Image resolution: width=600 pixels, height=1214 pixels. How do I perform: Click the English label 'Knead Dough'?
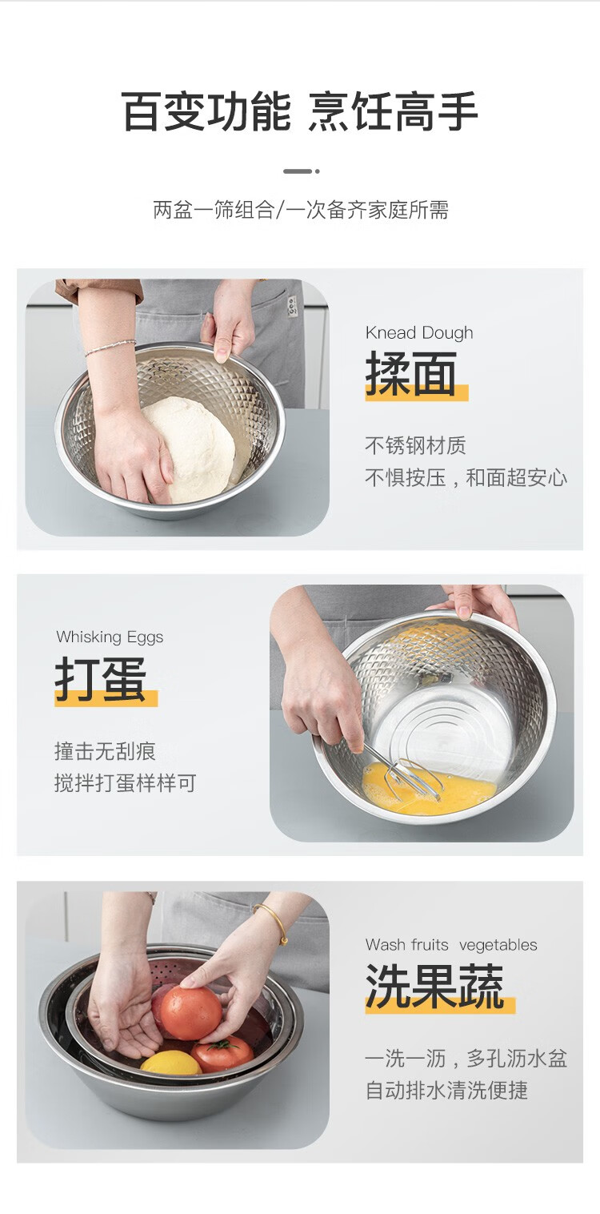(x=419, y=333)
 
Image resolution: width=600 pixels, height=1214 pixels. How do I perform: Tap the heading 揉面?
(x=411, y=373)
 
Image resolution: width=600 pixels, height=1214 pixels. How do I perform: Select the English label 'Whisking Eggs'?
(x=110, y=637)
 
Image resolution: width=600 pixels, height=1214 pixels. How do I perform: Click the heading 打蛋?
(x=101, y=679)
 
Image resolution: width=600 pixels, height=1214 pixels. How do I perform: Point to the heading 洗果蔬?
(x=434, y=986)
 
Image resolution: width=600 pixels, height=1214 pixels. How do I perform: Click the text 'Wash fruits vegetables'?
(x=451, y=945)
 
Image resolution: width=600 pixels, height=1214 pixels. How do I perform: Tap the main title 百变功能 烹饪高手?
(x=299, y=111)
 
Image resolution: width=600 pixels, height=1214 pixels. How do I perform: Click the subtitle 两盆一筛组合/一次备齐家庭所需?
(x=300, y=210)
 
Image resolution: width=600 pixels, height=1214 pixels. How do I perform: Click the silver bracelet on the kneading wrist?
(x=110, y=347)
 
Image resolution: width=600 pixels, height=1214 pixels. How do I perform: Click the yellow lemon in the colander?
(x=170, y=1062)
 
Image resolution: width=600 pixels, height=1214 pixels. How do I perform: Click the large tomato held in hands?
(x=190, y=1012)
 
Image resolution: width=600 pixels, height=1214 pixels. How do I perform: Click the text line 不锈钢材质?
(x=415, y=445)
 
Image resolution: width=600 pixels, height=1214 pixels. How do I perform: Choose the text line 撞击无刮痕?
(x=105, y=751)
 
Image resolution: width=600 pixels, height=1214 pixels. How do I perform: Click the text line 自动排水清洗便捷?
(x=446, y=1091)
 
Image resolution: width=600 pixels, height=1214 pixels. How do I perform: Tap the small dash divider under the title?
(x=301, y=171)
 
